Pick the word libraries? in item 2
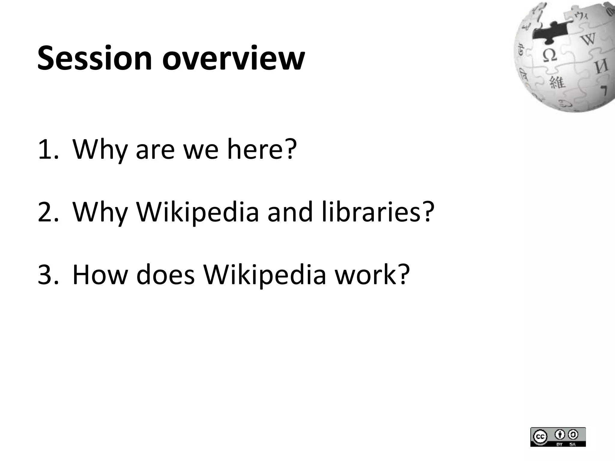pos(378,212)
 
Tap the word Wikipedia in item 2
pos(197,212)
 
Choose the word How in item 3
pos(100,275)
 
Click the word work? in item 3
pos(372,275)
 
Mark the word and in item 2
pos(290,212)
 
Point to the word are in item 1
pos(155,149)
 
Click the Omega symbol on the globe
pos(549,55)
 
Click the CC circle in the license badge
pos(540,437)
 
